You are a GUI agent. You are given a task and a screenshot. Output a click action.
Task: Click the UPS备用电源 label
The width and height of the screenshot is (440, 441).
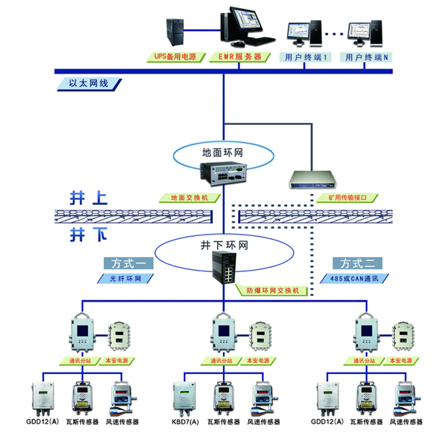176,57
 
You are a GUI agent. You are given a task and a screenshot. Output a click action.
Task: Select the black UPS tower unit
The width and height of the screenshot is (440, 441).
175,32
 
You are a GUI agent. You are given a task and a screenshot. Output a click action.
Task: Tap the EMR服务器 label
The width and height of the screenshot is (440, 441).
239,57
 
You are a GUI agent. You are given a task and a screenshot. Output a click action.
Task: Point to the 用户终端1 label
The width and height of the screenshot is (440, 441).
305,57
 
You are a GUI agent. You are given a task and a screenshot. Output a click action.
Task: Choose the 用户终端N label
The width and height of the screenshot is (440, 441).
366,57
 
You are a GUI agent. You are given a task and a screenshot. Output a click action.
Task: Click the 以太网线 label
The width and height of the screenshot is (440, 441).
89,84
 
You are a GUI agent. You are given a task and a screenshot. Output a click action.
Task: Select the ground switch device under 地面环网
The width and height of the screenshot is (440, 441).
224,173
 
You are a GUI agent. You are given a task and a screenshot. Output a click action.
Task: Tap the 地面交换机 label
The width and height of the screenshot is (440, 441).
190,198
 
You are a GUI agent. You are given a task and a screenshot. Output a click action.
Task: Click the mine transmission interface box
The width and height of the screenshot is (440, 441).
313,180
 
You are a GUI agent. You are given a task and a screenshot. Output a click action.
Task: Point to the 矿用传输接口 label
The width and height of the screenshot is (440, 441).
347,198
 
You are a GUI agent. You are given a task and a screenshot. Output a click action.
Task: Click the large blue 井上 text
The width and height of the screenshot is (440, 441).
89,198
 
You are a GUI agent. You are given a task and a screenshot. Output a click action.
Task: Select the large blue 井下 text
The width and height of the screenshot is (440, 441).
89,235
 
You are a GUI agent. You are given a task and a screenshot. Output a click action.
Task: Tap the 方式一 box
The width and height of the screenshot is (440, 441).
128,263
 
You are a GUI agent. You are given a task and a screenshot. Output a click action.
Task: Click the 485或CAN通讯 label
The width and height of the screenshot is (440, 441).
355,279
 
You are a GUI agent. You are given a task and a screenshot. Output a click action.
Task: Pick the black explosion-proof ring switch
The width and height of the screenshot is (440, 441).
224,268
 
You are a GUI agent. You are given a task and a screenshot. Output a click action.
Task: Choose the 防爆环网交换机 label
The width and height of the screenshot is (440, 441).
272,290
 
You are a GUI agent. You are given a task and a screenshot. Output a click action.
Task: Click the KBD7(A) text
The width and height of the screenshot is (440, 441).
185,422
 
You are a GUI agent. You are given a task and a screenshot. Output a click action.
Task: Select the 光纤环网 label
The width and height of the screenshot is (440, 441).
126,279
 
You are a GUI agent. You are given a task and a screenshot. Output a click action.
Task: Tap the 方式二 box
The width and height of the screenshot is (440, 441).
357,263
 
